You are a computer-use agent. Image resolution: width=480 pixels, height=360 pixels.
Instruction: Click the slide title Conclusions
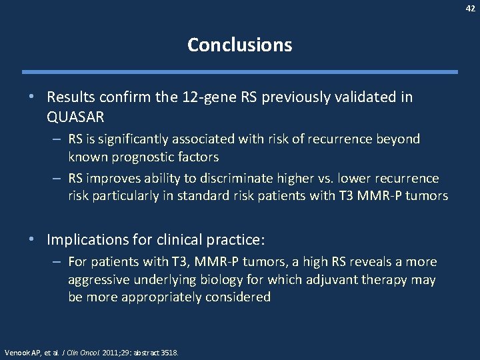click(239, 45)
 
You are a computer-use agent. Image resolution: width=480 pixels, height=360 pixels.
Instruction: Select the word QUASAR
click(77, 117)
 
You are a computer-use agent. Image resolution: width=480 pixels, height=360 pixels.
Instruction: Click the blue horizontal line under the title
click(239, 72)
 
